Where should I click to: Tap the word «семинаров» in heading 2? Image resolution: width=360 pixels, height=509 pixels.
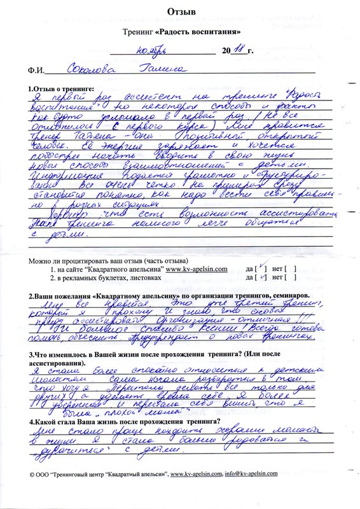tap(286, 297)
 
